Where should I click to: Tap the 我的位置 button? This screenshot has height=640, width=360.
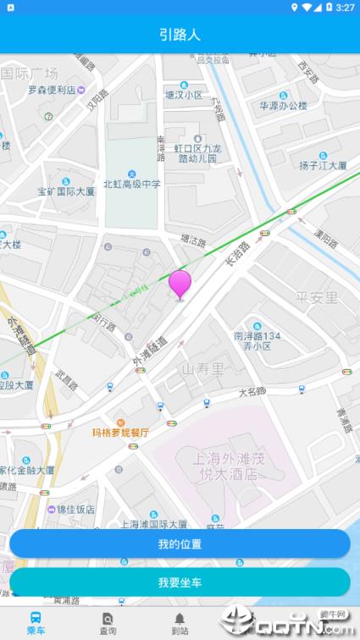pos(180,543)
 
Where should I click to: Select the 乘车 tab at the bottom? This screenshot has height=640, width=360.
pos(36,623)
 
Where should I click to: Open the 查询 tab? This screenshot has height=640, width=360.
pos(108,623)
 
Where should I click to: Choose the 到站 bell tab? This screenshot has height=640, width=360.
pos(180,623)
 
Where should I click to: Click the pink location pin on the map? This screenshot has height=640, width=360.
pos(180,284)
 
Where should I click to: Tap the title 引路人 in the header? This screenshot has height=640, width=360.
pos(180,35)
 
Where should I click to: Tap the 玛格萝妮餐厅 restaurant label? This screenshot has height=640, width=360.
pos(121,433)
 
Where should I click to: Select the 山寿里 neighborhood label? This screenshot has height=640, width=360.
pos(204,369)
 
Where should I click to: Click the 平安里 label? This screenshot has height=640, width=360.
pos(317,297)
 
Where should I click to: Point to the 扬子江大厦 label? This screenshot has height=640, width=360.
pos(323,166)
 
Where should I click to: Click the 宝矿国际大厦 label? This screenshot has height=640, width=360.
pos(66,191)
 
